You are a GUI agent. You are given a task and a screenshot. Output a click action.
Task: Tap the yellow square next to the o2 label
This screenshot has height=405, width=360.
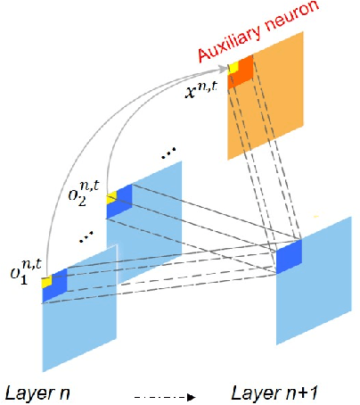(111, 196)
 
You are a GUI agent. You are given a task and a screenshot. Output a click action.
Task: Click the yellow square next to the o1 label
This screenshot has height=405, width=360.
(47, 282)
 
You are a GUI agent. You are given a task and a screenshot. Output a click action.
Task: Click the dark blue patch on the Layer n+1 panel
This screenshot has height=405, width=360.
(289, 256)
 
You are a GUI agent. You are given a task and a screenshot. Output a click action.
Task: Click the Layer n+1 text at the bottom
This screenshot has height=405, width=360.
(266, 392)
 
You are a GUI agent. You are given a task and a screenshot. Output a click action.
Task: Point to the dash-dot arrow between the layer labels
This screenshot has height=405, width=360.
(160, 393)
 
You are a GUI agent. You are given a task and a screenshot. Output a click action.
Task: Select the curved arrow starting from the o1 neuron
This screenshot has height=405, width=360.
(80, 134)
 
